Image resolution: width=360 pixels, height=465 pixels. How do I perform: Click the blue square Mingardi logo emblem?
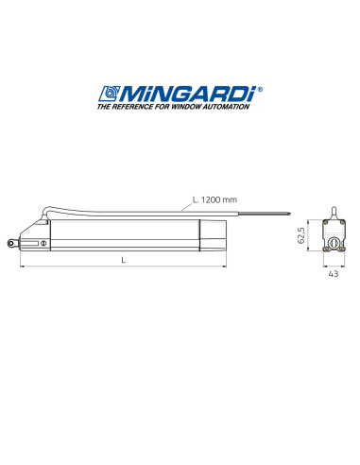pos(110,94)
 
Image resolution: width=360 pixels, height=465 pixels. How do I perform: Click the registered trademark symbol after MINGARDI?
pos(260,89)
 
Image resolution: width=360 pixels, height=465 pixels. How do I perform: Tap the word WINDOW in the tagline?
pos(185,107)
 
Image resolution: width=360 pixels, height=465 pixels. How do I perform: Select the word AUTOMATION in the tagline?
pos(226,107)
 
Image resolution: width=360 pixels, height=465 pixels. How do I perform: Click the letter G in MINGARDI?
pos(184,94)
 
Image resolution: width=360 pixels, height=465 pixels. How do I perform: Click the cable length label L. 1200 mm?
pos(214,199)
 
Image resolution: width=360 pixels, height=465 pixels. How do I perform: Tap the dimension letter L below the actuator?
pos(124,260)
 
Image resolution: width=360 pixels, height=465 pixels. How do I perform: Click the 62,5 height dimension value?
pos(301,235)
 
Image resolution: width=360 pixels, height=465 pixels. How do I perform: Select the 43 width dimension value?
pos(334,274)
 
